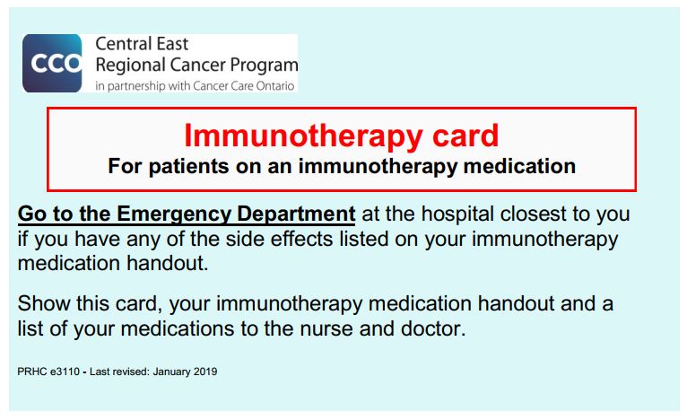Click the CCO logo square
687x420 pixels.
coord(52,63)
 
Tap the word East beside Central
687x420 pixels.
coord(172,44)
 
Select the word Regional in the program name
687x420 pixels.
coord(130,66)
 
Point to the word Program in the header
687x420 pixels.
coord(265,66)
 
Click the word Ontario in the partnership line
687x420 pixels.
coord(275,86)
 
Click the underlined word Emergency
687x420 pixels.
coord(174,214)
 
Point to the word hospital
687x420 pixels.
coord(457,214)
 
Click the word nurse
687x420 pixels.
coord(326,328)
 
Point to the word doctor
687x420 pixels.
coord(433,328)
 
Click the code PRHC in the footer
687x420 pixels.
coord(32,372)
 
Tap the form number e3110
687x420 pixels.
coord(65,372)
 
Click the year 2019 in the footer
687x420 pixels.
coord(205,372)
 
